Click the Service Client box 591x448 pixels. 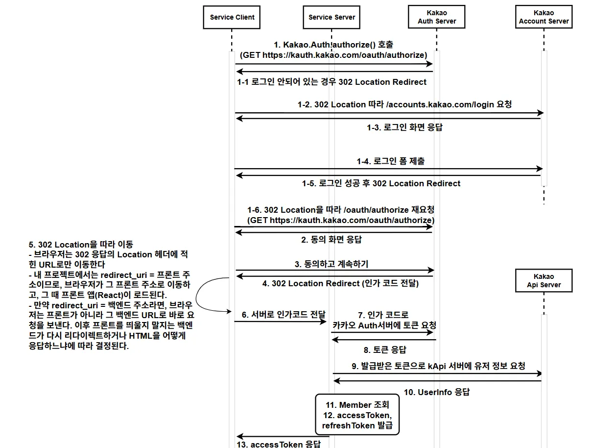pyautogui.click(x=232, y=17)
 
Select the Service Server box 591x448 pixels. pyautogui.click(x=332, y=17)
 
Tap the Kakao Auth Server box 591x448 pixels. pyautogui.click(x=437, y=17)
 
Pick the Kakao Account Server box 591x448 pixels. pyautogui.click(x=544, y=17)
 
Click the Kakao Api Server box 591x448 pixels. pyautogui.click(x=544, y=280)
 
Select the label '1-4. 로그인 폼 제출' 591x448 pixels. pyautogui.click(x=390, y=161)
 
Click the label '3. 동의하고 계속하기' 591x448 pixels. pyautogui.click(x=331, y=264)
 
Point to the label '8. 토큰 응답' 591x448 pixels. pyautogui.click(x=384, y=349)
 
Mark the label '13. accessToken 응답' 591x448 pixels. pyautogui.click(x=279, y=444)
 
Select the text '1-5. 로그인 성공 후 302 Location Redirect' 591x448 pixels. pyautogui.click(x=381, y=183)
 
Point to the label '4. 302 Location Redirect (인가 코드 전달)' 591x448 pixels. pyautogui.click(x=340, y=283)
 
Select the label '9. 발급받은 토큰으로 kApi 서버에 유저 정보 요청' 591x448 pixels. pyautogui.click(x=438, y=366)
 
